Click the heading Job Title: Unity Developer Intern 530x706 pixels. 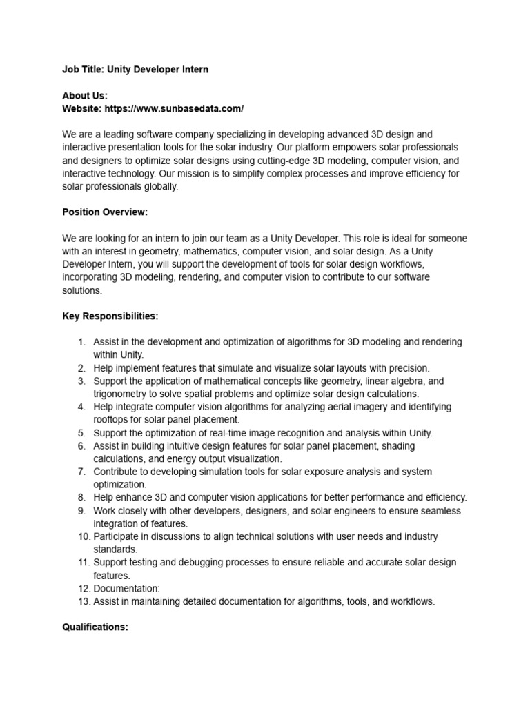(x=135, y=70)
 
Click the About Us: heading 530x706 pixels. (x=85, y=96)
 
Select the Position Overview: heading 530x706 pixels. (x=105, y=212)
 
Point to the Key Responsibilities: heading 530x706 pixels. (x=110, y=316)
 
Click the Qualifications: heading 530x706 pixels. (x=95, y=627)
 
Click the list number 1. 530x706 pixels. (x=81, y=342)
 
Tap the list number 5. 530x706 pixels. (x=81, y=433)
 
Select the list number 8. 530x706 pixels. (x=81, y=498)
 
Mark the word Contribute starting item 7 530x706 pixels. (x=117, y=472)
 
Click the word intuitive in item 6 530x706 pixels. (x=188, y=446)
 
